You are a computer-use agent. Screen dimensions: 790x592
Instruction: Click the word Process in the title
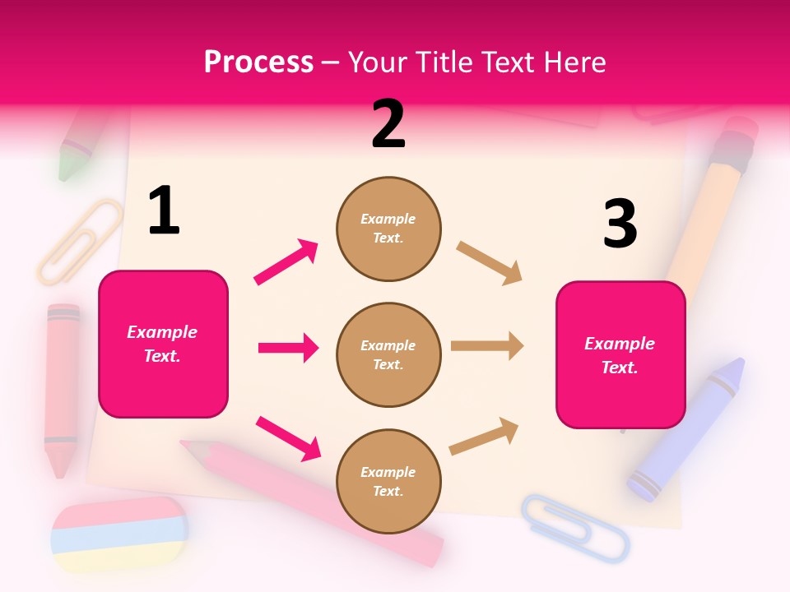click(258, 62)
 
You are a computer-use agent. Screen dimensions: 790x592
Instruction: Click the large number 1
click(164, 211)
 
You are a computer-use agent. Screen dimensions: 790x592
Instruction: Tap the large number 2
click(388, 124)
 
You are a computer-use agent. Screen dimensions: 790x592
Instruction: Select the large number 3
click(620, 224)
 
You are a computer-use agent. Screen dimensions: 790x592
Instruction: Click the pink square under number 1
click(163, 344)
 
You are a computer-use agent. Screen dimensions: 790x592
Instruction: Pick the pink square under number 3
click(620, 354)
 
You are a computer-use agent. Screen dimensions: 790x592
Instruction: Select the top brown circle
click(388, 228)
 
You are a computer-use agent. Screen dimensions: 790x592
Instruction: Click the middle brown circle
click(388, 354)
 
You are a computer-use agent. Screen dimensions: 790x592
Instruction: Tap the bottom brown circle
click(388, 481)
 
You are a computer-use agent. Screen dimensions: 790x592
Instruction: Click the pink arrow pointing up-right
click(286, 261)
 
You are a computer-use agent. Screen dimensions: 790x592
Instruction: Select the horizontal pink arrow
click(288, 348)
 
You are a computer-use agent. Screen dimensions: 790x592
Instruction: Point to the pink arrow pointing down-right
click(288, 438)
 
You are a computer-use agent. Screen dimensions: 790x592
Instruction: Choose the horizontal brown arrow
click(487, 346)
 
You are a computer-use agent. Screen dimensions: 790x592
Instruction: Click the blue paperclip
click(574, 527)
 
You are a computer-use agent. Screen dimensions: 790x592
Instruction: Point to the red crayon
click(62, 386)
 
